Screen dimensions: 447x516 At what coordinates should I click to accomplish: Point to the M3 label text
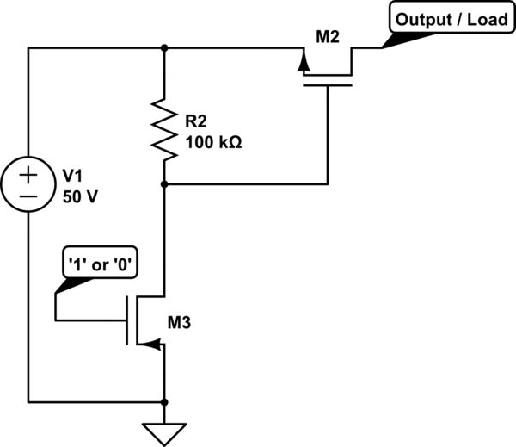tap(179, 323)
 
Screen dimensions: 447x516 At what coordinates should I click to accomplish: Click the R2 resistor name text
tap(196, 121)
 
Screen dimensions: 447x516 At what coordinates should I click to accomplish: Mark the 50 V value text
tap(80, 196)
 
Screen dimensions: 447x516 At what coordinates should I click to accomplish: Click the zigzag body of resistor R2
tap(164, 129)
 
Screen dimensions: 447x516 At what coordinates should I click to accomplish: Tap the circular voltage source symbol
tap(28, 185)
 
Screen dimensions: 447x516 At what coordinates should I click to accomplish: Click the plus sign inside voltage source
tap(28, 175)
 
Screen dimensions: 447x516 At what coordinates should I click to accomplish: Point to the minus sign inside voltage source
tap(28, 196)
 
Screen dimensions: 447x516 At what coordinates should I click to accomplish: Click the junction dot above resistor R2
tap(164, 48)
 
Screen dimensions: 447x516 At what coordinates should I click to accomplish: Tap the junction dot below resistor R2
tap(164, 184)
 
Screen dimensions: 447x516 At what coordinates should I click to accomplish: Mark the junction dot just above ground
tap(164, 402)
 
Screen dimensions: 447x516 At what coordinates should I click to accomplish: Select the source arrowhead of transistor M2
tap(304, 61)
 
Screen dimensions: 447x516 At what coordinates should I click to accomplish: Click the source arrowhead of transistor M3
tap(153, 345)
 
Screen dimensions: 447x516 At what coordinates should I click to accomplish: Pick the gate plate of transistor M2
tap(328, 86)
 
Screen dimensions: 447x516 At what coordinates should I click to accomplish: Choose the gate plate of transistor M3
tap(126, 320)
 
